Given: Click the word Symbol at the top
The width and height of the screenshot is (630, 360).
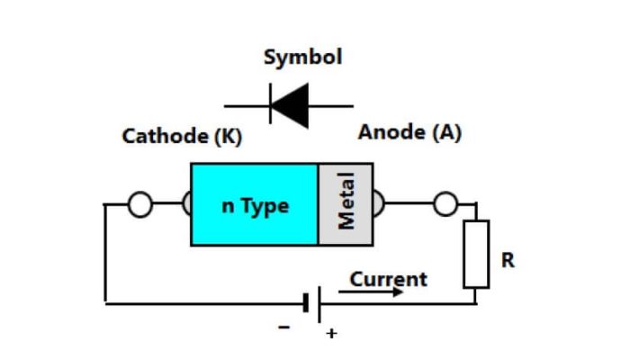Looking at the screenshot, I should click(302, 57).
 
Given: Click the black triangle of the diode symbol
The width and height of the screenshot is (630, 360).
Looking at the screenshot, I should click(291, 105).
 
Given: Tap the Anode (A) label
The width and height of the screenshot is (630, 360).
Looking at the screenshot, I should click(409, 132).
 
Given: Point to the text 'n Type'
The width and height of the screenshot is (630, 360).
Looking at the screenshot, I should click(256, 205).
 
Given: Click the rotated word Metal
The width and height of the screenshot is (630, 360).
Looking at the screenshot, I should click(346, 201).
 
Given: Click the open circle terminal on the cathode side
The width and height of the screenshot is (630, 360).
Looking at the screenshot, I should click(139, 205).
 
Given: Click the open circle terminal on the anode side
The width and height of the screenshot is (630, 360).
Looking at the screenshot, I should click(445, 205).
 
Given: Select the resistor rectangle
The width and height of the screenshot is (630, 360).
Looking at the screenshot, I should click(476, 253).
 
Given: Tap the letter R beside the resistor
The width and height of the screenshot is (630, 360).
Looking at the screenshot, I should click(508, 261).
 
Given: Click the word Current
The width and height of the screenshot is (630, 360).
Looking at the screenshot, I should click(389, 279).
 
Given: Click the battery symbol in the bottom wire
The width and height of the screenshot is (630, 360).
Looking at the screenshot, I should click(312, 304).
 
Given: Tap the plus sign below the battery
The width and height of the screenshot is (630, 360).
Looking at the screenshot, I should click(331, 334).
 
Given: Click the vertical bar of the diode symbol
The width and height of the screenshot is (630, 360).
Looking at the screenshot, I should click(270, 105).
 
